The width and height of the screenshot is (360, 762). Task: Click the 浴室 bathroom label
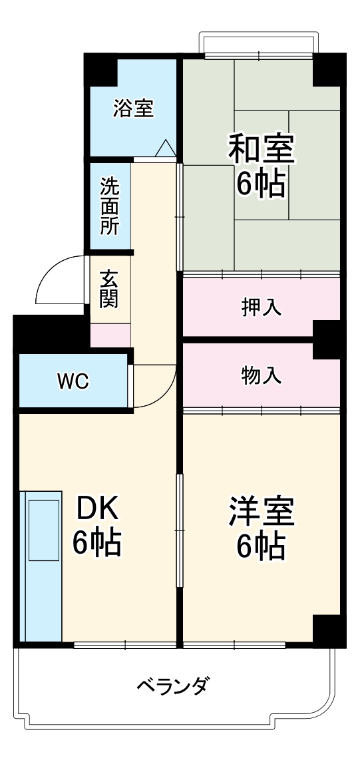(133, 108)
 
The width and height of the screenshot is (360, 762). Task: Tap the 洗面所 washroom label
(110, 206)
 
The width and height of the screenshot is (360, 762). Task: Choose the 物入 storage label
(261, 375)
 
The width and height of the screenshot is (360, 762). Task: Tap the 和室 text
(261, 148)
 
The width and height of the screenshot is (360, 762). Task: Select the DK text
(97, 509)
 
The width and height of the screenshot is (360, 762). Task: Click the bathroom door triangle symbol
(164, 148)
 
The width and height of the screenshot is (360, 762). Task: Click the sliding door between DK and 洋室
(179, 529)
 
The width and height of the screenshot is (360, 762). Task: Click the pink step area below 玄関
(110, 335)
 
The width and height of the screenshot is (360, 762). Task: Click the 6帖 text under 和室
(261, 184)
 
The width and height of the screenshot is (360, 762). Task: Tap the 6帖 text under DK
(97, 543)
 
